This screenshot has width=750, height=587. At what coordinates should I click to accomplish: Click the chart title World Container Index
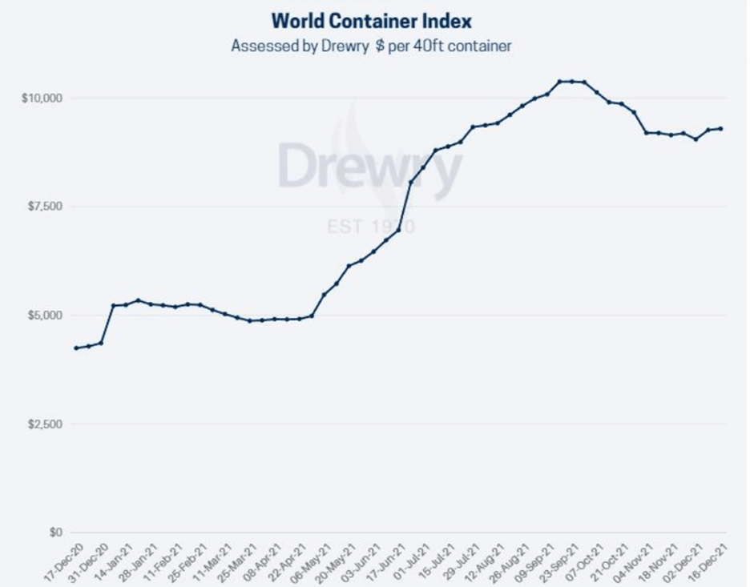pos(371,20)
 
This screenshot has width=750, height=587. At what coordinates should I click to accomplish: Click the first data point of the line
pos(75,348)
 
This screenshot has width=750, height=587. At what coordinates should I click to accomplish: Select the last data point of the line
pos(721,128)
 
